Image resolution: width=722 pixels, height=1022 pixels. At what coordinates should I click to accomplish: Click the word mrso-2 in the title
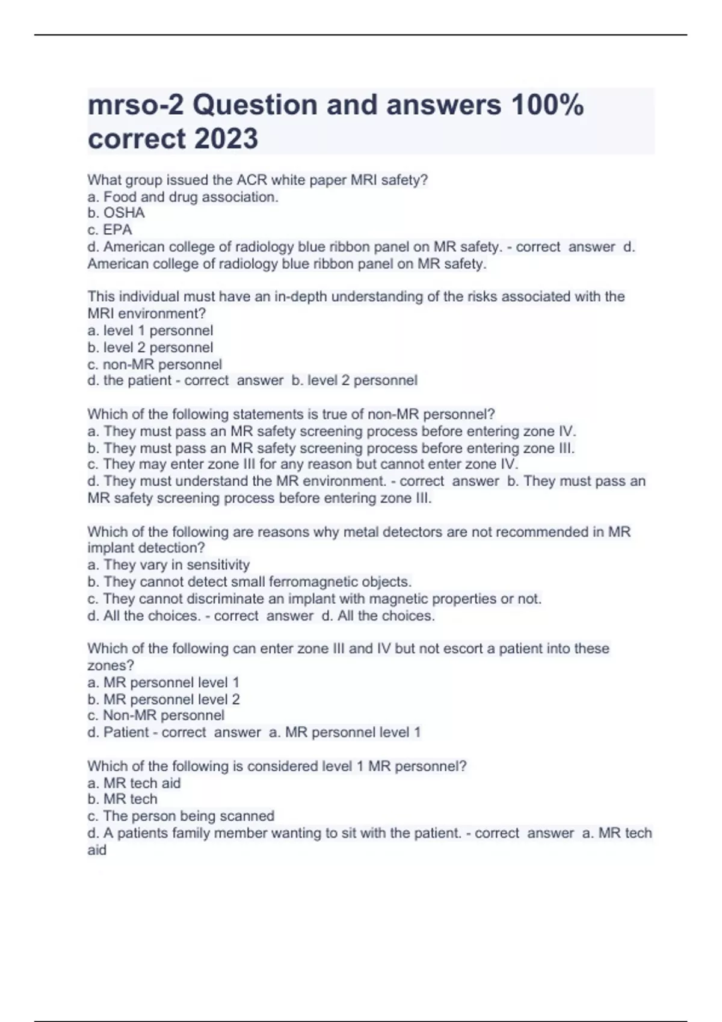[x=136, y=105]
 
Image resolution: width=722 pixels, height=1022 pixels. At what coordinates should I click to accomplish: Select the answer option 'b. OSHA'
[x=116, y=213]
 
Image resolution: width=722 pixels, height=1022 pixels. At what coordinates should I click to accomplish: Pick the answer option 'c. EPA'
[x=110, y=230]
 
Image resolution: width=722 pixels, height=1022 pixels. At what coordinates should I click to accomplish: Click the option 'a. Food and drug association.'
[x=183, y=197]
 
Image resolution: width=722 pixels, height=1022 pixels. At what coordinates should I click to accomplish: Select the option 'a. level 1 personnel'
[x=150, y=331]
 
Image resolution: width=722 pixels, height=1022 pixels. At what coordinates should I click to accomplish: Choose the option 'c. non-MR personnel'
[x=155, y=364]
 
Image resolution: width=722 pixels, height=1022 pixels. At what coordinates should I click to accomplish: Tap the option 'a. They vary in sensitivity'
[x=168, y=565]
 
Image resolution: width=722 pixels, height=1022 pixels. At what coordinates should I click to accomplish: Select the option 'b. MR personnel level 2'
[x=164, y=699]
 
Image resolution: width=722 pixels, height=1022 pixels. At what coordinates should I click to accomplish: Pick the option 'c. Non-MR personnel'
[x=156, y=715]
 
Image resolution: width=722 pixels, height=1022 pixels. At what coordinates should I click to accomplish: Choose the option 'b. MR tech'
[x=122, y=799]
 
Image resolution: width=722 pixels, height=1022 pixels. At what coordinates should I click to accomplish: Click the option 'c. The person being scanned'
[x=180, y=816]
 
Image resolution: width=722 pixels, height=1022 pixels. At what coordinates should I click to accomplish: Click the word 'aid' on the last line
[x=97, y=849]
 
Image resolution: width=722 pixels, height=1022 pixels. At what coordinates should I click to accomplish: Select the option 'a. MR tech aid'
[x=134, y=783]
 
